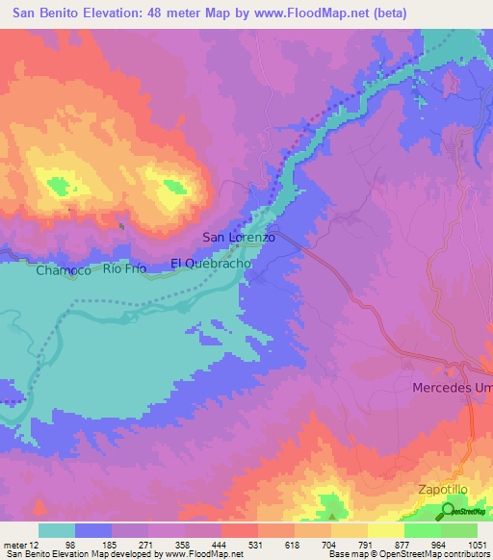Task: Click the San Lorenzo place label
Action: pos(239,237)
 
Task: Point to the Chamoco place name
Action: pos(64,271)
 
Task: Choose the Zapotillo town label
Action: pos(443,490)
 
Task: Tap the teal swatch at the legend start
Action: pos(57,530)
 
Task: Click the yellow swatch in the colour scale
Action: pos(385,530)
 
